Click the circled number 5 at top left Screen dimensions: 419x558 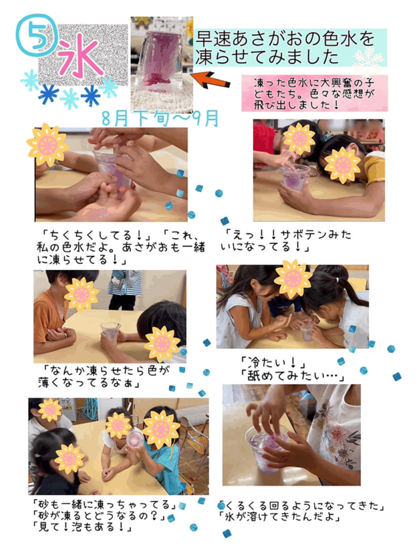37,35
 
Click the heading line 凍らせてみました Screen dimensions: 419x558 267,57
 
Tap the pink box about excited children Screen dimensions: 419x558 314,93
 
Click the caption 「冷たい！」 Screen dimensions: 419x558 274,363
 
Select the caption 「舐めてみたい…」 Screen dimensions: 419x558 293,376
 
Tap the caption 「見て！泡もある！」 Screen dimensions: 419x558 82,526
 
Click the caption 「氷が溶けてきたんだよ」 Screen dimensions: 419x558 280,517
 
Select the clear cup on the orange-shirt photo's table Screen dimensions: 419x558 110,330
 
